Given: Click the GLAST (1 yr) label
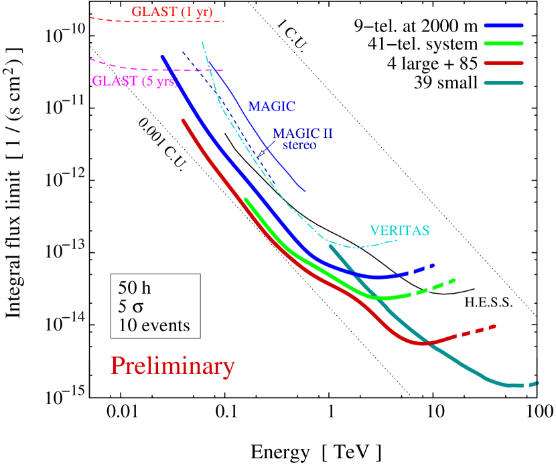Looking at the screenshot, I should (171, 11).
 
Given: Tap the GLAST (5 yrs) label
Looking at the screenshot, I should (134, 82).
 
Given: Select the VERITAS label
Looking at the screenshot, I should (399, 231).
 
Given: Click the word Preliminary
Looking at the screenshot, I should (172, 366).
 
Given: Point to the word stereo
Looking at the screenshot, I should (299, 145).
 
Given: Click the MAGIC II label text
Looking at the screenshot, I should (303, 134).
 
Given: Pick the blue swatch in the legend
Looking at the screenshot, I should (503, 25).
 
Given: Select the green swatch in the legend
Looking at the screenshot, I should (503, 43).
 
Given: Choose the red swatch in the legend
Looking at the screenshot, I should (503, 63).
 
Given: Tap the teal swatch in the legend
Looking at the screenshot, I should (503, 83).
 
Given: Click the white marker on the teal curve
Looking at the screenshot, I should (526, 385).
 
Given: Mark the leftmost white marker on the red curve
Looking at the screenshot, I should (459, 334).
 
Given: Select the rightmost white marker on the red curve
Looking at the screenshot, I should (486, 329).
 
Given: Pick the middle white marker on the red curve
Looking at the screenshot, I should (472, 331).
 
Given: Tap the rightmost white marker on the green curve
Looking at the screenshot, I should (445, 284).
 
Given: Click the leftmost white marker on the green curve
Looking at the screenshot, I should (413, 296).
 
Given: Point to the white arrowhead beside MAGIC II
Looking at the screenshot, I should (261, 154).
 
